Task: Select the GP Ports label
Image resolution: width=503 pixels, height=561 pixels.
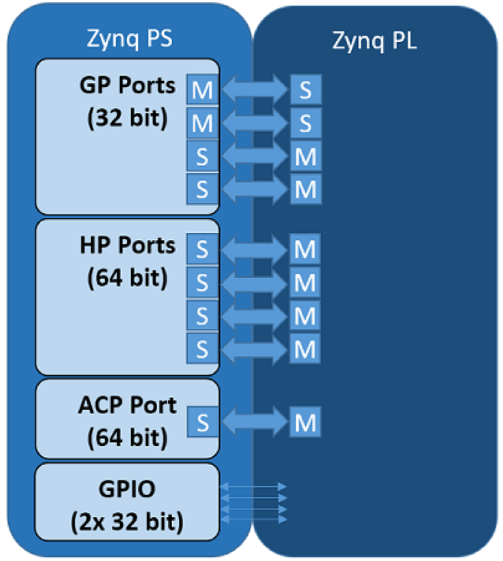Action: click(127, 86)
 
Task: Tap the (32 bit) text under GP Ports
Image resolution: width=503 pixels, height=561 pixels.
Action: click(127, 118)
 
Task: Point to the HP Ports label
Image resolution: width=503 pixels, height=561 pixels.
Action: click(127, 244)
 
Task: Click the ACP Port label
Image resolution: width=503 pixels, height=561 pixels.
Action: click(127, 405)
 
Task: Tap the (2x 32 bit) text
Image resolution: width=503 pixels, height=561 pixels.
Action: click(127, 522)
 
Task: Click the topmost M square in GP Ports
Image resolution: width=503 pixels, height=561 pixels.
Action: click(202, 89)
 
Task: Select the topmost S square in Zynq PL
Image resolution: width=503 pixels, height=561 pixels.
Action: click(306, 89)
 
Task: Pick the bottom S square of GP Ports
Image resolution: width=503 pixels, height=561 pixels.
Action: click(202, 189)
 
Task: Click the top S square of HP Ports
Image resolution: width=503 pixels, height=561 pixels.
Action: click(202, 249)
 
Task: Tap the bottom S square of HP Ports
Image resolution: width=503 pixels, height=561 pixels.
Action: click(202, 348)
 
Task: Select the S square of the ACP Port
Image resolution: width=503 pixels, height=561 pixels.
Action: click(202, 422)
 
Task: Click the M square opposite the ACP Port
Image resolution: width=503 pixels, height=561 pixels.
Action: click(306, 423)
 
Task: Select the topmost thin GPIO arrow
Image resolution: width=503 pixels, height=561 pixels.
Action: click(253, 487)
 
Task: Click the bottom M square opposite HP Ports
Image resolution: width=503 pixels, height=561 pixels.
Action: click(306, 349)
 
